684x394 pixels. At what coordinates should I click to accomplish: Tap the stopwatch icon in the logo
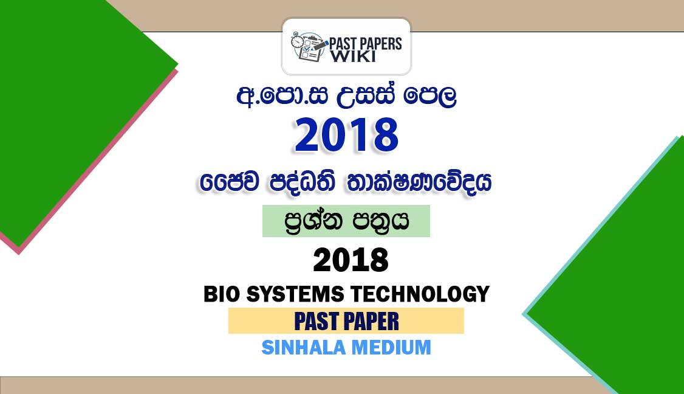298,40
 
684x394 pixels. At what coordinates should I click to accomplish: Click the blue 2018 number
346,135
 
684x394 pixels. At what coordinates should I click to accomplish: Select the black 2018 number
351,260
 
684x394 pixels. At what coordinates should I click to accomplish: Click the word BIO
222,294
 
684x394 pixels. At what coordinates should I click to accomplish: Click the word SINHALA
304,348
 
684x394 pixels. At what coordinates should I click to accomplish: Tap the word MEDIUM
391,348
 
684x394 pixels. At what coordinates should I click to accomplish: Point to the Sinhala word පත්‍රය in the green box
380,221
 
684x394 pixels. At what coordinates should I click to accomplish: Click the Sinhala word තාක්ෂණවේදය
419,182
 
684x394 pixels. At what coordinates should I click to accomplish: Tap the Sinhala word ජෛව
230,182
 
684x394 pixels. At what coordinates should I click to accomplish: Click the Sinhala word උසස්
365,96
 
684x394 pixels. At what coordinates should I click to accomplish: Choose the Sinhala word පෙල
429,97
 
